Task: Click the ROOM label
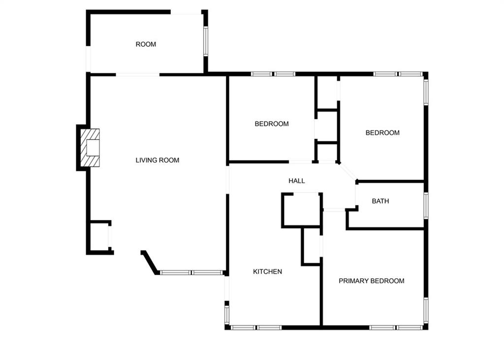point(146,44)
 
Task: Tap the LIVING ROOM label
point(157,160)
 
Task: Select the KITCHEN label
point(267,271)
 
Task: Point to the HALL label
point(296,181)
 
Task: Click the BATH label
point(380,201)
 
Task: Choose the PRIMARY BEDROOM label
point(371,281)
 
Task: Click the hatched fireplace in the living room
point(90,148)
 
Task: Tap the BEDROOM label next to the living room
point(272,124)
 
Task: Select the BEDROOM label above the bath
point(382,133)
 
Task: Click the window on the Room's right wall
point(205,41)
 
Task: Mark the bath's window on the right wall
point(426,206)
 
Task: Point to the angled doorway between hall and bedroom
point(348,172)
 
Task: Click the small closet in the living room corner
point(99,237)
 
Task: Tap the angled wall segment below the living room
point(150,262)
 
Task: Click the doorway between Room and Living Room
point(138,75)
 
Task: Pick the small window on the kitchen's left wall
point(226,314)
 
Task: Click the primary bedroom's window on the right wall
point(426,310)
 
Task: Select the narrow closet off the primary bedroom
point(312,246)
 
